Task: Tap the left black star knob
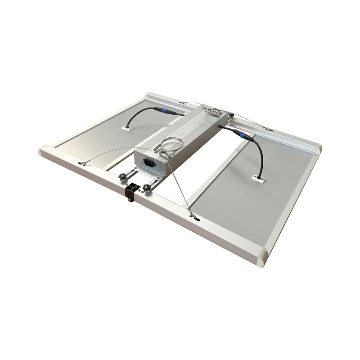[x=122, y=179]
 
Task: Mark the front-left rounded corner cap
[x=45, y=152]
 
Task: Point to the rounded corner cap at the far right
[x=317, y=148]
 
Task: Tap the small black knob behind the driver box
[x=230, y=115]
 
